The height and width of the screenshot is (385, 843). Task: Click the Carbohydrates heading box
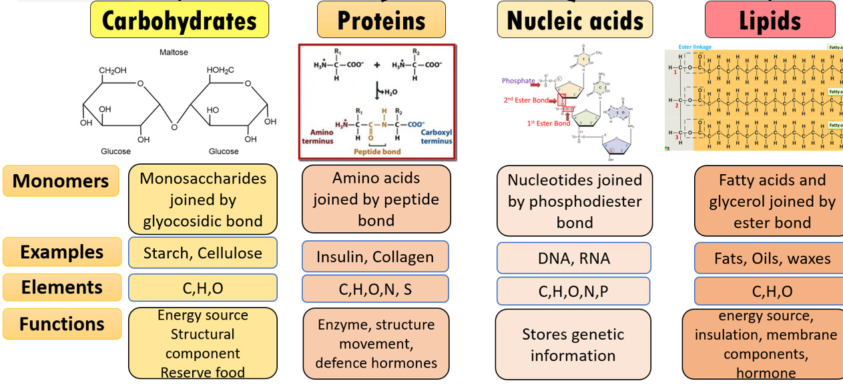click(x=180, y=20)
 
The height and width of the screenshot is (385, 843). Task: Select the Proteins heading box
click(x=381, y=20)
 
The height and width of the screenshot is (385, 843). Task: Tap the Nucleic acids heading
click(x=575, y=20)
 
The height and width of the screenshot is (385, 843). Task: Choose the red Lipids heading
click(x=770, y=20)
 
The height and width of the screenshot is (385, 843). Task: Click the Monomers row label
click(x=61, y=181)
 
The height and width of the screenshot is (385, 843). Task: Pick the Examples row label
click(x=62, y=252)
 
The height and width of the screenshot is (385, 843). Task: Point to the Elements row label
click(x=62, y=288)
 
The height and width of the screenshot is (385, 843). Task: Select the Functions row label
click(x=62, y=324)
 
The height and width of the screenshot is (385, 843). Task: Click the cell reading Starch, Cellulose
click(x=202, y=253)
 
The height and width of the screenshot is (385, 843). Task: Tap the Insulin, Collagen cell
click(x=374, y=257)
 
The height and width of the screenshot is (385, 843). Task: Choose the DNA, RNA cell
click(x=573, y=258)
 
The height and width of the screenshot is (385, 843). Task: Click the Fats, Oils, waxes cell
click(x=772, y=258)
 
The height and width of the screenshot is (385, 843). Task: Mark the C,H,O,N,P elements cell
click(x=573, y=292)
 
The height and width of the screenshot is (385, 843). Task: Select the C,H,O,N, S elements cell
click(x=374, y=290)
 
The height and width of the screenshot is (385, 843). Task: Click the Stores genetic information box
click(x=573, y=344)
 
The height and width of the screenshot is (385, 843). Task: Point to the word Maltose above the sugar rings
click(x=173, y=51)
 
